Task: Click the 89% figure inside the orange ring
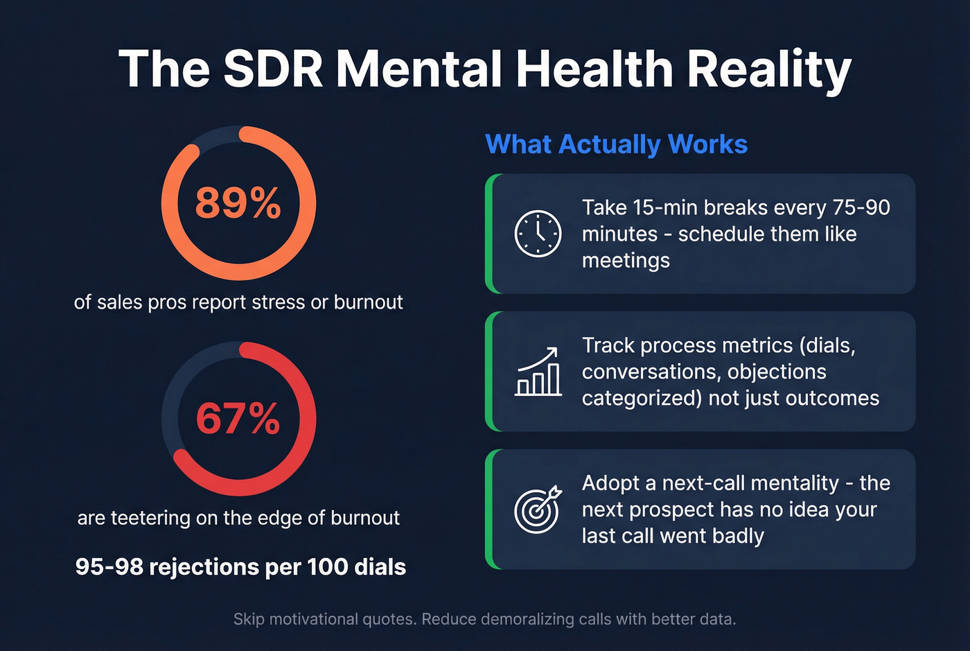click(238, 203)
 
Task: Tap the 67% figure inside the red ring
click(238, 419)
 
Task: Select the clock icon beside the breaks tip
click(538, 234)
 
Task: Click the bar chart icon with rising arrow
click(538, 372)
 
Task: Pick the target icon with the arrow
click(538, 509)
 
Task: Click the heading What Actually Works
click(616, 144)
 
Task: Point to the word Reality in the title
click(769, 69)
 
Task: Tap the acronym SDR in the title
click(273, 69)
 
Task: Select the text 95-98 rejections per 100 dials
click(240, 566)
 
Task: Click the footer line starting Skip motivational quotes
click(484, 618)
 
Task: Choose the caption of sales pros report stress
click(238, 302)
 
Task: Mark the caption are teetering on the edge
click(238, 518)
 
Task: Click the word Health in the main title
click(594, 69)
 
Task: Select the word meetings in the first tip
click(626, 261)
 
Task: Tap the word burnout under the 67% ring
click(364, 518)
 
